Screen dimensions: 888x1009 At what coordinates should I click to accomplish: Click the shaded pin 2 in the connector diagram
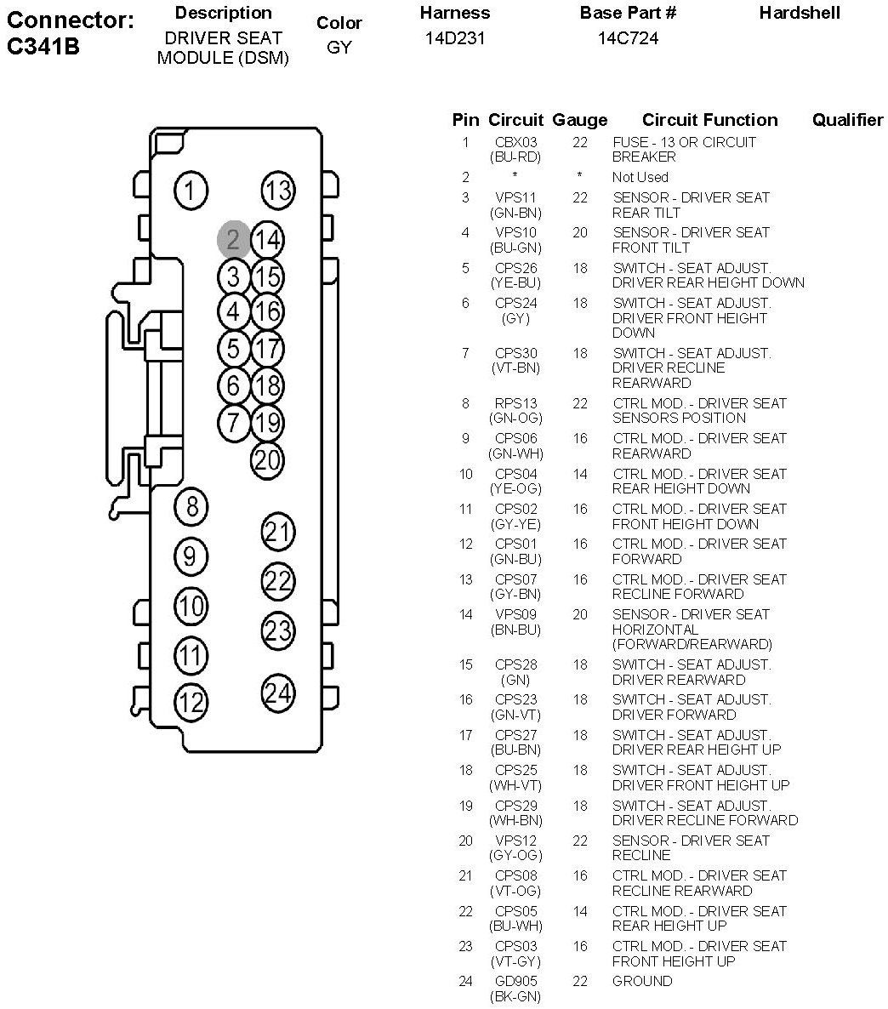233,239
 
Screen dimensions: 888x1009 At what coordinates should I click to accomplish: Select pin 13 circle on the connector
278,191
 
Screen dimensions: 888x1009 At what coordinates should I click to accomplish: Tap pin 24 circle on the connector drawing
278,693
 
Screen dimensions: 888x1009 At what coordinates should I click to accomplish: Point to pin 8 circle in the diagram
191,506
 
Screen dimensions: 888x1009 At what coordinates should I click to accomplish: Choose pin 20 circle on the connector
267,460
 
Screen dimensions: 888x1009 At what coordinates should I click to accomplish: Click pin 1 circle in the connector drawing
191,191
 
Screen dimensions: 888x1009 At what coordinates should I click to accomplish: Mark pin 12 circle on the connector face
191,702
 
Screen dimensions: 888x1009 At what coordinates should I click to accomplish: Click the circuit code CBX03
515,142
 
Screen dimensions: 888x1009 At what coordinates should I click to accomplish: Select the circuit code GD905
515,981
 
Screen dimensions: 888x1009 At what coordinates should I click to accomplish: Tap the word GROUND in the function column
642,981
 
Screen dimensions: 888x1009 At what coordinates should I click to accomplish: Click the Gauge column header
580,120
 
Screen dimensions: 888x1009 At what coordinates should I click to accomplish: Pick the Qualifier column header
847,120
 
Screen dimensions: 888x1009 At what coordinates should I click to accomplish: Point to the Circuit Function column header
709,120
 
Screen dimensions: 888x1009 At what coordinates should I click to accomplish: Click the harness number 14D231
455,38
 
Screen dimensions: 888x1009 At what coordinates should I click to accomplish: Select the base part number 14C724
628,38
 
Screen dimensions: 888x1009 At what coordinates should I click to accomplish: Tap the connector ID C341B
43,46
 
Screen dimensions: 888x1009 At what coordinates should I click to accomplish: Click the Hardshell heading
800,13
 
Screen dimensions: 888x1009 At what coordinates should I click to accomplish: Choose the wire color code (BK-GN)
515,997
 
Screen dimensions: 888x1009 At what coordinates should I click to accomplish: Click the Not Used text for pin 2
640,177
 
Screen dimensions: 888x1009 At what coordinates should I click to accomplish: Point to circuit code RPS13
515,403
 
